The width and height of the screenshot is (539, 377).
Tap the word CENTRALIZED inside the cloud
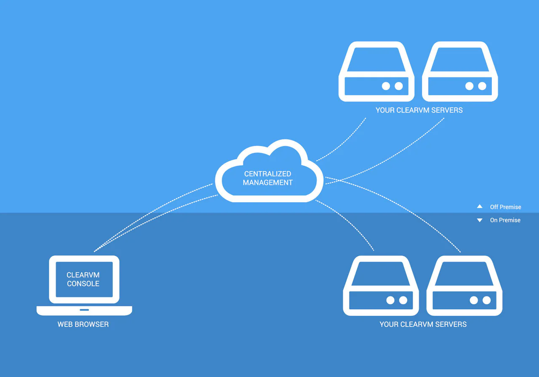coord(268,174)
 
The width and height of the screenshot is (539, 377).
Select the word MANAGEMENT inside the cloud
coord(268,183)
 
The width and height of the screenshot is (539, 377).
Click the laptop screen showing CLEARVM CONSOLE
coord(84,279)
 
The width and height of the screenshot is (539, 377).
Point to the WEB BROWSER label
coord(83,324)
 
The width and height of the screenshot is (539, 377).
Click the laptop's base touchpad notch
coord(84,310)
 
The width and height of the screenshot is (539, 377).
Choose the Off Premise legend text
coord(505,207)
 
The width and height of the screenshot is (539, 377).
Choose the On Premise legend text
coord(505,220)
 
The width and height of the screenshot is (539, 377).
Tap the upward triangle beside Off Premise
coord(480,207)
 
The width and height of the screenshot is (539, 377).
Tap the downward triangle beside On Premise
coord(480,220)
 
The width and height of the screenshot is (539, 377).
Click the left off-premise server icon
coord(376,72)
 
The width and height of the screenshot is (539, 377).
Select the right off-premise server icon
coord(460,72)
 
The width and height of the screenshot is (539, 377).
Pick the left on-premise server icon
coord(381,286)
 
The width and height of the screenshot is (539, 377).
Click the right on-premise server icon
coord(464,286)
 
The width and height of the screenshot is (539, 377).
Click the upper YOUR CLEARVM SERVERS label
coord(419,110)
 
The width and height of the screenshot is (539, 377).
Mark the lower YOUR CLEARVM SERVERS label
coord(423,324)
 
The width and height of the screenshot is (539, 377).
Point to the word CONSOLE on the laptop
coord(83,284)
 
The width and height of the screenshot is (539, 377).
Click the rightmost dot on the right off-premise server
coord(482,86)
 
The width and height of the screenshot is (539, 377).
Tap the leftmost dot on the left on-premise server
coord(390,300)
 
